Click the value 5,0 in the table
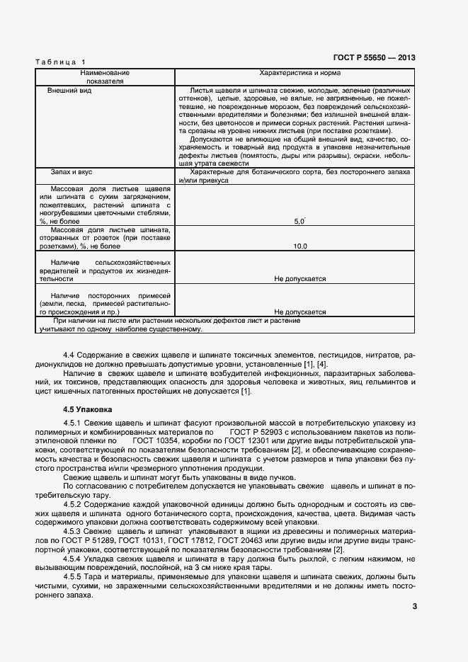[299, 222]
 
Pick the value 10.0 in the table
[299, 246]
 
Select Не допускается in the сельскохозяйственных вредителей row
[299, 279]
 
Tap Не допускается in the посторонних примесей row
[299, 312]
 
